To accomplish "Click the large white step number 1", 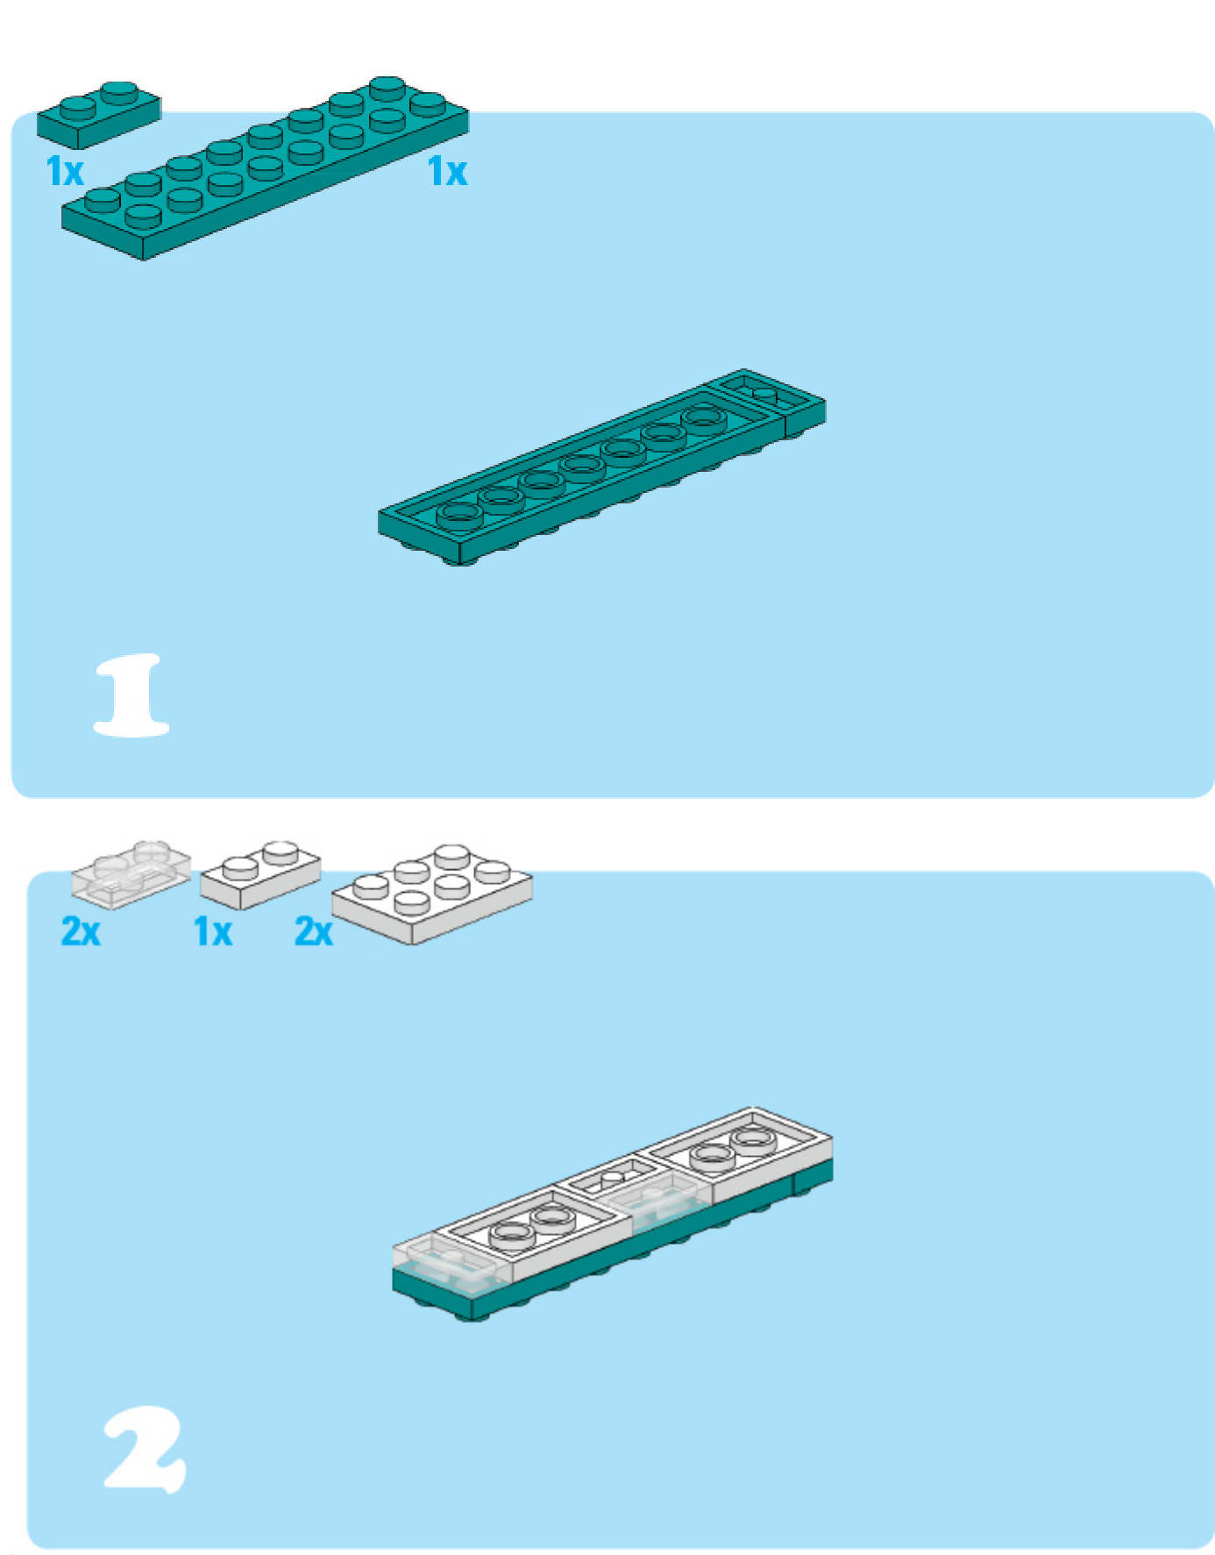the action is coord(131,695).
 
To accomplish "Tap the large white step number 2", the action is coord(145,1449).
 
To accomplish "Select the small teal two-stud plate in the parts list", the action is coord(99,114).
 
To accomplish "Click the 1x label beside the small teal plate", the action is coord(65,171).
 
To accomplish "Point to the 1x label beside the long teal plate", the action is coord(447,171).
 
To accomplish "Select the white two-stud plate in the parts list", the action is coord(260,874).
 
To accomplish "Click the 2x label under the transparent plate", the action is coord(81,931).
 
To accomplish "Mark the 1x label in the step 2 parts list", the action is coord(213,931).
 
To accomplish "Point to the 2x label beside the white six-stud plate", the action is coord(314,931).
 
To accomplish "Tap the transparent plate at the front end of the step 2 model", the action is coord(452,1264).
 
